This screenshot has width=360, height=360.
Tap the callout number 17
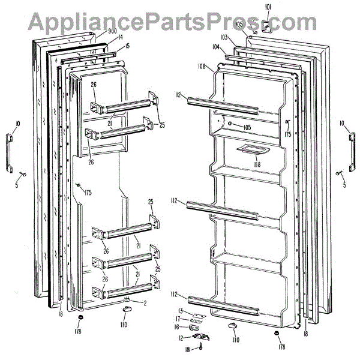click(178, 319)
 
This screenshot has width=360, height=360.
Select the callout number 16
click(177, 328)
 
